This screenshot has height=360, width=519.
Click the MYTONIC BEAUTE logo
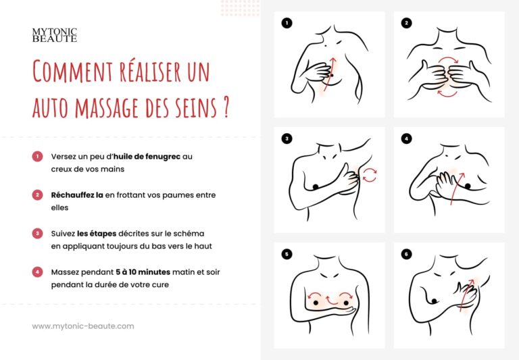tap(55, 35)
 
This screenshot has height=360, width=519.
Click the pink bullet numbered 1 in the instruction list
tap(37, 156)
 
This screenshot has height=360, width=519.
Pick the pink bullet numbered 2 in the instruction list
tap(37, 195)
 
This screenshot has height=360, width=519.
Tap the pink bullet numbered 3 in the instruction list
tap(37, 233)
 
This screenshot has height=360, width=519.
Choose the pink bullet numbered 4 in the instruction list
tap(37, 272)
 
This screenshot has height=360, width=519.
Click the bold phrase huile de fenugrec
tap(147, 157)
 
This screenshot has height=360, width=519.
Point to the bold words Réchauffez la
tap(77, 195)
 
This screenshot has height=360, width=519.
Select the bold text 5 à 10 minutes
tap(143, 272)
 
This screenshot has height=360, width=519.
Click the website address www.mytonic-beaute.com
tap(83, 326)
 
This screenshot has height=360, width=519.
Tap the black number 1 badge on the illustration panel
tap(287, 23)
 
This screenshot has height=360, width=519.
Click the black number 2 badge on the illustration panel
tap(406, 23)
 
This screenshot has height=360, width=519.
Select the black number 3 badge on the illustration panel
tap(287, 138)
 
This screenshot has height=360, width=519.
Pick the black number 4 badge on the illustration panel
tap(406, 138)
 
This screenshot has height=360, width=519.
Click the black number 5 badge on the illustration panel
tap(287, 254)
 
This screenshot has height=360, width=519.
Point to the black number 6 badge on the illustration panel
tap(406, 254)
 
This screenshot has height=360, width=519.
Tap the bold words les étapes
tap(97, 234)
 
